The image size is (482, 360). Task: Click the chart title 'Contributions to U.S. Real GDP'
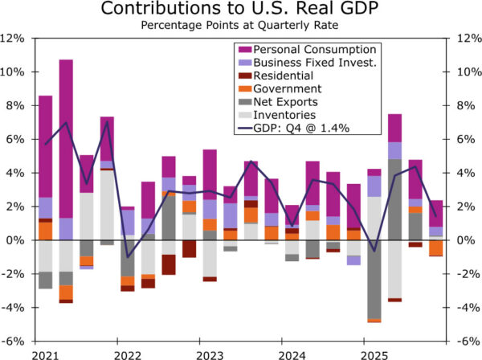point(241,10)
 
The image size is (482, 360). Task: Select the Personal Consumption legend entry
point(301,50)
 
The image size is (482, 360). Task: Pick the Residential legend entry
point(284,76)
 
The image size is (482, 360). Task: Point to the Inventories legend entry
point(285,114)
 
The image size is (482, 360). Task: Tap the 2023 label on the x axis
point(210,354)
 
